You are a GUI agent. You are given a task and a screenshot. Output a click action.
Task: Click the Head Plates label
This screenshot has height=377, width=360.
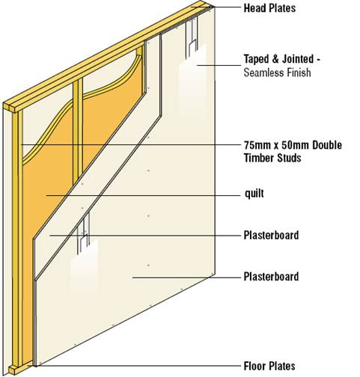click(269, 8)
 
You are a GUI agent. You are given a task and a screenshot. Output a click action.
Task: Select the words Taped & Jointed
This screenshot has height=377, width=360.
click(279, 59)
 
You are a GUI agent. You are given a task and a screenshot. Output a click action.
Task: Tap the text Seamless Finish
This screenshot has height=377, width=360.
click(278, 73)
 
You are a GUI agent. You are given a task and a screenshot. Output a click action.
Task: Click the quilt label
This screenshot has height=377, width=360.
click(254, 193)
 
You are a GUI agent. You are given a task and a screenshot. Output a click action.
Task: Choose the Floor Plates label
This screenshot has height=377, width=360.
click(269, 366)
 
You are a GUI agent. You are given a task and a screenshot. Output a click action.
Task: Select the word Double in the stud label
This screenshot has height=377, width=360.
click(327, 145)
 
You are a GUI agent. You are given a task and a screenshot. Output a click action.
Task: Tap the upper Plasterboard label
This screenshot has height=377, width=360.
click(271, 235)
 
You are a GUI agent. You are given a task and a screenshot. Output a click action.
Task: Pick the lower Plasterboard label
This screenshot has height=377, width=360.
click(271, 277)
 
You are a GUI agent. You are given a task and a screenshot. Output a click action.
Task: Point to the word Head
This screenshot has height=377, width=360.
click(254, 8)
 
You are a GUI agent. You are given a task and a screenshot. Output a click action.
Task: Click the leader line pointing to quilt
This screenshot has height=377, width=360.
click(143, 196)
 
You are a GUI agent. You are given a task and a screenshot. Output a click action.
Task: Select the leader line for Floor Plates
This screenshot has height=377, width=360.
click(138, 366)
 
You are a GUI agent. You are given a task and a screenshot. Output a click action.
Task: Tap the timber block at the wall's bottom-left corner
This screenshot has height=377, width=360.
click(15, 370)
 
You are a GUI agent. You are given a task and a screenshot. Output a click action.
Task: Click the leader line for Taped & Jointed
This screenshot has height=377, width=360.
click(219, 65)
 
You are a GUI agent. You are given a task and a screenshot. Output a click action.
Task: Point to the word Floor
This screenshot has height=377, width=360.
click(254, 366)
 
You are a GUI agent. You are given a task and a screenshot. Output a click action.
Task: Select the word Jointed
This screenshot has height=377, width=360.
click(298, 59)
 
